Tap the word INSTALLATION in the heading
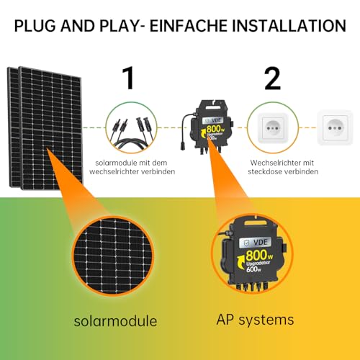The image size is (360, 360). point(289,26)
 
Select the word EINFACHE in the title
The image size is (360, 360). point(189,26)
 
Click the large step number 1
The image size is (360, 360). point(129,78)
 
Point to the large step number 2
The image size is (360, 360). point(272,78)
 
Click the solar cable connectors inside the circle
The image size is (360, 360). point(131,132)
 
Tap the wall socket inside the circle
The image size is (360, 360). point(273,128)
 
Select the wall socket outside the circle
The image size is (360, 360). point(335,127)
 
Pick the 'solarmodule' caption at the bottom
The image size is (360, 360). point(115,321)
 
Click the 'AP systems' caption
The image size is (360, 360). point(255,320)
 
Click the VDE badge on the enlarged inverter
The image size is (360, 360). point(255,243)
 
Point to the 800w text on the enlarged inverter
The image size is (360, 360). point(259,255)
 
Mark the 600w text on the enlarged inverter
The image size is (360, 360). point(253,269)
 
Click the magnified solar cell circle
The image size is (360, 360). point(113,256)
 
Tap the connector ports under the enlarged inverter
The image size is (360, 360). point(251,287)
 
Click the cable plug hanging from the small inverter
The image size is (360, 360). point(183,145)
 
